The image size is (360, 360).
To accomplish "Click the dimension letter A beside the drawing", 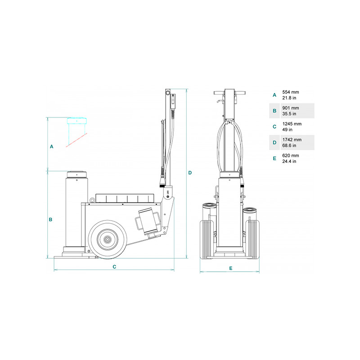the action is click(x=51, y=147).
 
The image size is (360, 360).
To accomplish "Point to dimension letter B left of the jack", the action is click(x=50, y=220).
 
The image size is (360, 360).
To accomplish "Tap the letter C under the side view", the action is click(x=114, y=267).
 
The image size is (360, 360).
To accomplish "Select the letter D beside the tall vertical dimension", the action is click(x=190, y=173).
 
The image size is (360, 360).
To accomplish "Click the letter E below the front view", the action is click(x=231, y=268).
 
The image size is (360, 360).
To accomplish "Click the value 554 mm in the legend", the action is click(x=291, y=92).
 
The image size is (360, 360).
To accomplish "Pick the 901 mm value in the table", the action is click(x=291, y=108).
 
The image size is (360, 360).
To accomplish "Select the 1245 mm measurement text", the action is click(x=292, y=124).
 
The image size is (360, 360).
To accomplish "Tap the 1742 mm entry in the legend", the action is click(x=292, y=139).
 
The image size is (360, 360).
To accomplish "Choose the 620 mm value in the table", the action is click(x=291, y=155).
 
